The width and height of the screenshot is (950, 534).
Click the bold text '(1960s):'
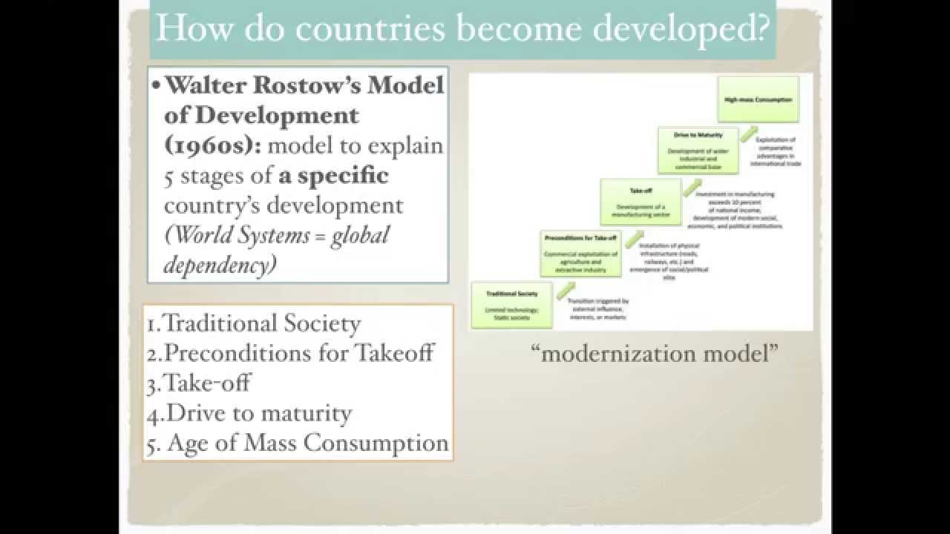pyautogui.click(x=212, y=145)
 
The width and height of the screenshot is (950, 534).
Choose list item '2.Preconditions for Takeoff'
pyautogui.click(x=290, y=353)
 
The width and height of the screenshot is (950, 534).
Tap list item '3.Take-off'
pyautogui.click(x=198, y=383)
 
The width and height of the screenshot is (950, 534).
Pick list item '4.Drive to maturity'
pyautogui.click(x=249, y=412)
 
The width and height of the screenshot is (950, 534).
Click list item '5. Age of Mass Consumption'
pyautogui.click(x=298, y=443)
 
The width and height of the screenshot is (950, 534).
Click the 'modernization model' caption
pyautogui.click(x=655, y=353)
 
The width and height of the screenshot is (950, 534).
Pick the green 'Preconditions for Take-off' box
pyautogui.click(x=580, y=252)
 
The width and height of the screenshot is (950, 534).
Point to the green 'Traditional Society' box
pyautogui.click(x=511, y=305)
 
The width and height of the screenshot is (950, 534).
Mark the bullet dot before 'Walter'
pyautogui.click(x=156, y=86)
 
